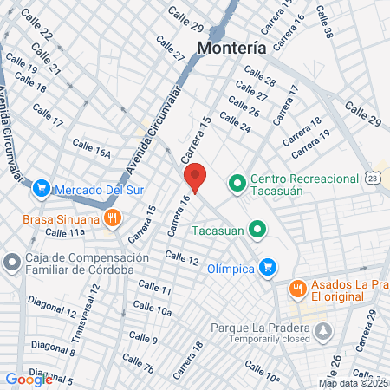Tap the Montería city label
(x=231, y=49)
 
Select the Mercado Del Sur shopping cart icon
(x=41, y=187)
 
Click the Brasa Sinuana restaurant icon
(x=111, y=219)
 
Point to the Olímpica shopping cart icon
(x=268, y=268)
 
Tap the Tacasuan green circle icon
(x=256, y=230)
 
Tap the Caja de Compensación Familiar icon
(x=12, y=261)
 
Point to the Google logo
(x=29, y=379)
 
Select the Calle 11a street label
(x=65, y=233)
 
